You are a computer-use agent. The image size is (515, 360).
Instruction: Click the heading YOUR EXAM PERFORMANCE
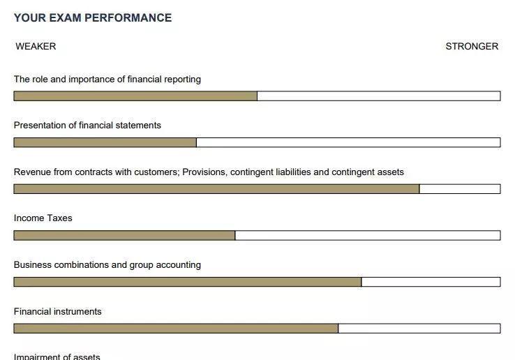point(93,18)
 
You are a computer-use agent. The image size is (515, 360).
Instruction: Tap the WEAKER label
point(36,47)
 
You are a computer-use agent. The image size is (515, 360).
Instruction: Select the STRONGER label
point(472,47)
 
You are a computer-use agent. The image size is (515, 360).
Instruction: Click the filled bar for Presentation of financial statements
point(105,142)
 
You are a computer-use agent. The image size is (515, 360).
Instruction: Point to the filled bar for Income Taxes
point(124,235)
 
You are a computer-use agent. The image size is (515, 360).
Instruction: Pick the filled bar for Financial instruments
point(176,328)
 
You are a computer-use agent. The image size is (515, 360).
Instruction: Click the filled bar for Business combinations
point(187,282)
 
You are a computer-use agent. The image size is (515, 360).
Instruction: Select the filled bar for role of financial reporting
point(135,96)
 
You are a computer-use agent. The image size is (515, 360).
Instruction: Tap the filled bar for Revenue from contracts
point(216,189)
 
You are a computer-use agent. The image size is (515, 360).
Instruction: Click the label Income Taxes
point(43,218)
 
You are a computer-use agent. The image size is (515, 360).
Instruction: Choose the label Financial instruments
point(58,312)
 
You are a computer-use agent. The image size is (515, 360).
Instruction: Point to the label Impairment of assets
point(57,357)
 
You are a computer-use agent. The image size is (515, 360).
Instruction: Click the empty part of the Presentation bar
point(348,142)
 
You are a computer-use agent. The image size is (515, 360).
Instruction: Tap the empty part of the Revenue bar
point(459,189)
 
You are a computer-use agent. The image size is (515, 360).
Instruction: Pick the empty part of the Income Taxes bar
point(367,235)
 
